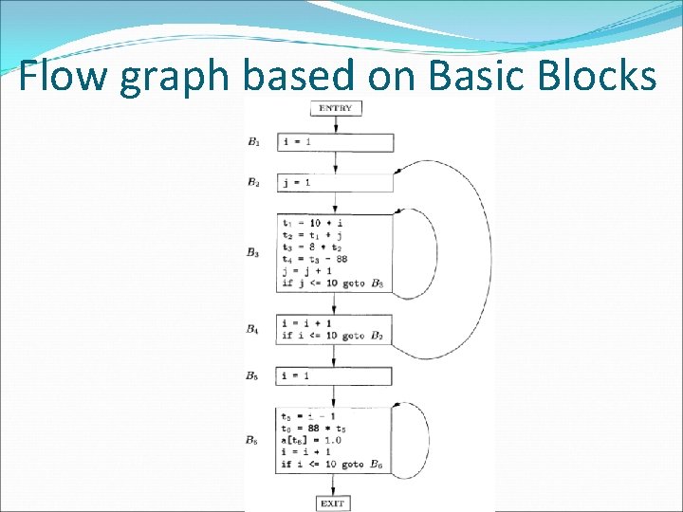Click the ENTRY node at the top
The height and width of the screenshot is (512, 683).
(x=335, y=108)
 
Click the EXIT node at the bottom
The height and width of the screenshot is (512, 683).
(x=332, y=503)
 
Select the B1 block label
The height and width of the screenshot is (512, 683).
(x=253, y=142)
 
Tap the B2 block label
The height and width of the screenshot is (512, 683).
(x=253, y=182)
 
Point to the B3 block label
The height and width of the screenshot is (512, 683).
(x=253, y=253)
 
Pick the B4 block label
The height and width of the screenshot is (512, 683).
(x=253, y=329)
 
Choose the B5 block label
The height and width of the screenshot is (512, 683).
(x=253, y=375)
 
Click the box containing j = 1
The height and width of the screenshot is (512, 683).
(x=335, y=182)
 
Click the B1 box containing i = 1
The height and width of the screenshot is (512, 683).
(x=335, y=142)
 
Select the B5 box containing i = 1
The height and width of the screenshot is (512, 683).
(x=335, y=375)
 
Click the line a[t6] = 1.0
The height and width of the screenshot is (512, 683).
(x=311, y=440)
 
